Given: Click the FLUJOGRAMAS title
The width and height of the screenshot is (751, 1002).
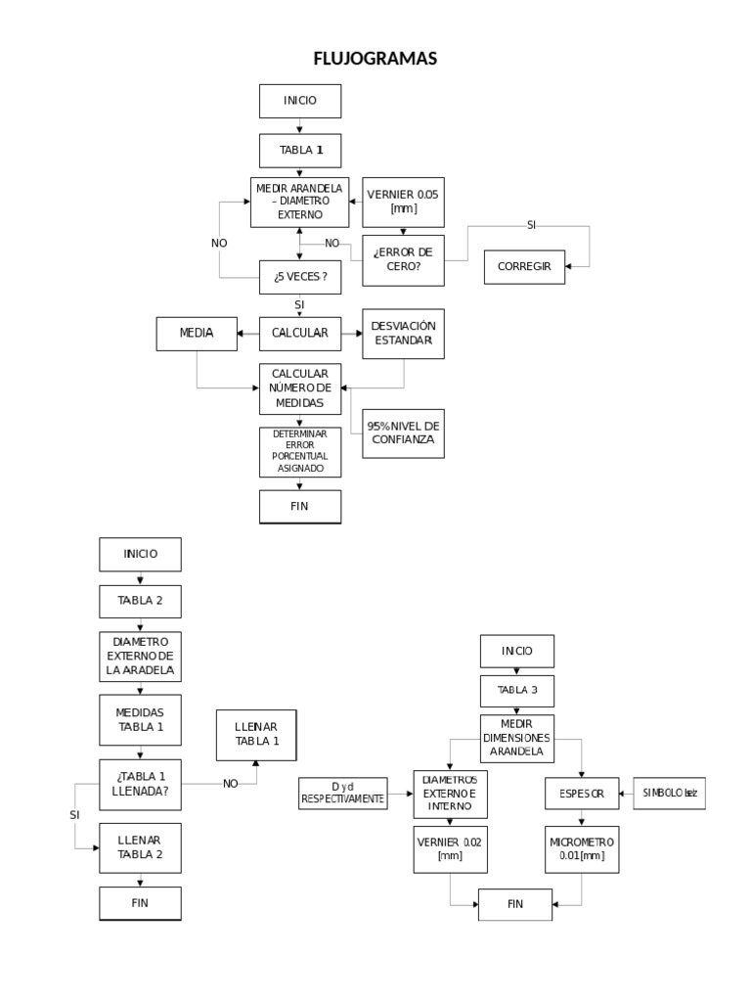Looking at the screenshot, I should point(375,60).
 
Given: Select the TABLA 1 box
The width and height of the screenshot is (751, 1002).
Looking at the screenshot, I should point(300,151).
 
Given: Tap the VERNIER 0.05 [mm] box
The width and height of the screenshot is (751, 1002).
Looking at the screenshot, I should point(403,202).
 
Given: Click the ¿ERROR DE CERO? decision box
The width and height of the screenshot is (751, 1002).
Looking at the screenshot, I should point(403,259).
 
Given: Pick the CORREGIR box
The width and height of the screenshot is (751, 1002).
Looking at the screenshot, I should point(524,266).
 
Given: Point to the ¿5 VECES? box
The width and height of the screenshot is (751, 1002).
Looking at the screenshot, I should point(300,277).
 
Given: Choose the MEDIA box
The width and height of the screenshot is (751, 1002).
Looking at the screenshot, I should point(197,334).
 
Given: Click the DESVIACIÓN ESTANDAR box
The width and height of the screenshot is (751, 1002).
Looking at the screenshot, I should point(403,334).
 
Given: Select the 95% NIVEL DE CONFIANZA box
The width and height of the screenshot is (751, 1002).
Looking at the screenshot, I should point(403,433).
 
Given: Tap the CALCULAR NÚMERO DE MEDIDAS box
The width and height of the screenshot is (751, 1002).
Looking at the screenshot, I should point(300,388).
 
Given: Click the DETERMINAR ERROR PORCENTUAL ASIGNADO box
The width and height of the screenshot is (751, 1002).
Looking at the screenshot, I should point(300,452).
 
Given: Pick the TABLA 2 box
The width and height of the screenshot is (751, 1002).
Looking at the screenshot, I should point(140,600).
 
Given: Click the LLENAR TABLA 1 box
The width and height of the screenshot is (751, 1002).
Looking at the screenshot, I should point(256,734).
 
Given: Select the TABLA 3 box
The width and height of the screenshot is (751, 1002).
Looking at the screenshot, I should point(517,690).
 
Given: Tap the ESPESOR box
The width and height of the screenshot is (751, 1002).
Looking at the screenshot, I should point(582,794).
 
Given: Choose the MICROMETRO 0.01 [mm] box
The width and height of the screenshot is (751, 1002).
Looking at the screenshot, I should point(582,848).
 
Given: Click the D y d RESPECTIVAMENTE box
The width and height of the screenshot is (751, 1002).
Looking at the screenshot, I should point(342,793).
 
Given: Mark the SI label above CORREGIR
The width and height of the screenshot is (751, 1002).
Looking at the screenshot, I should point(532,225).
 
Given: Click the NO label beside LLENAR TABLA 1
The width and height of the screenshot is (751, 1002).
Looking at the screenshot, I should point(231,783).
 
